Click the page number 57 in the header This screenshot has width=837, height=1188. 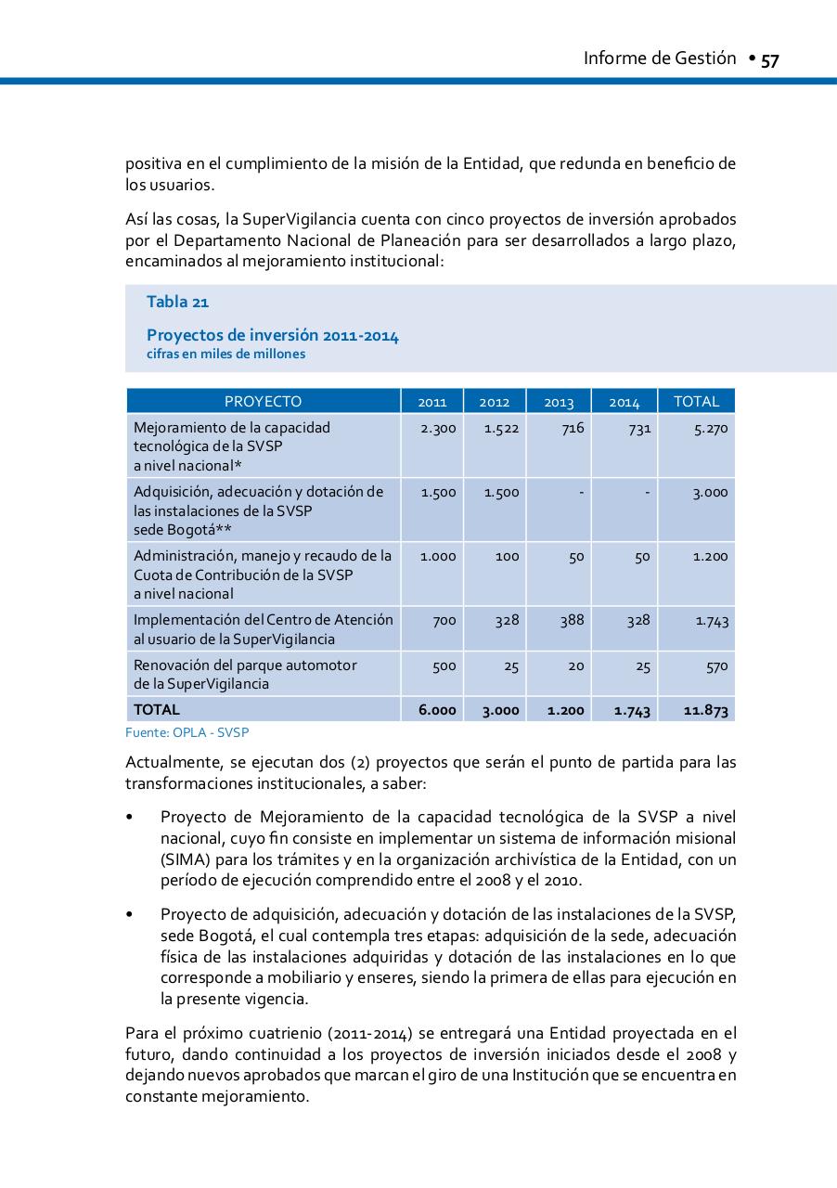tap(769, 60)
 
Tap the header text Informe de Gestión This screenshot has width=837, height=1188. tap(659, 58)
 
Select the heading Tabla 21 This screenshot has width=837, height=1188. tap(177, 302)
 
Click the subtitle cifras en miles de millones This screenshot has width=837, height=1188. tap(225, 354)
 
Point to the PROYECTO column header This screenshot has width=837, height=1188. tap(263, 402)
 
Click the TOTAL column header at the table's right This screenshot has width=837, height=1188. tap(696, 402)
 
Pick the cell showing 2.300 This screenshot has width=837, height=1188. tap(438, 429)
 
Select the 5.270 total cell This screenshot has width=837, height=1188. tap(711, 429)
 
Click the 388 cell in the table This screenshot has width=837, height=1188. tap(572, 620)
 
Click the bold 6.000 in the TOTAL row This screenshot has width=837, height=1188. tap(437, 710)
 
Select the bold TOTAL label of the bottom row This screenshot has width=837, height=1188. tap(157, 709)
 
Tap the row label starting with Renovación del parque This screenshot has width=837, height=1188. tap(245, 665)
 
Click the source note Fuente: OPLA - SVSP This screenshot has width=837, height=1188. tap(187, 732)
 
